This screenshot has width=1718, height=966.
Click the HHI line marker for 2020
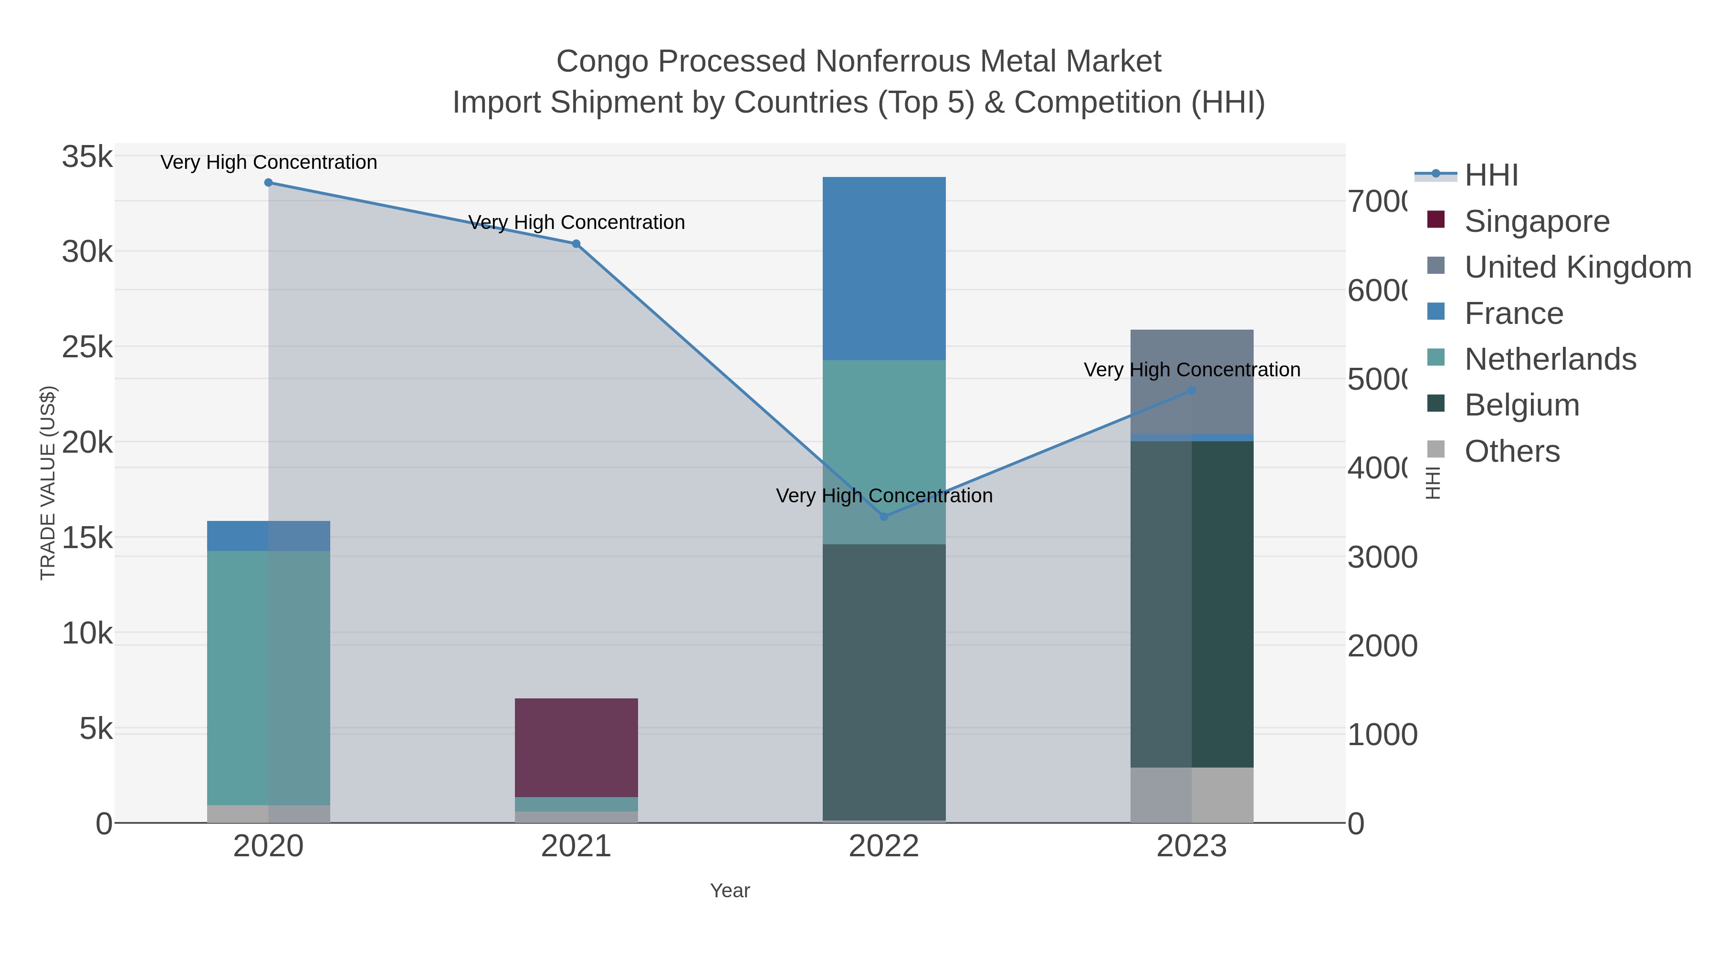pyautogui.click(x=268, y=183)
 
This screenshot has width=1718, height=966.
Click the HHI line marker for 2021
pyautogui.click(x=576, y=244)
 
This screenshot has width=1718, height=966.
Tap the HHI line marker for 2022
pyautogui.click(x=884, y=517)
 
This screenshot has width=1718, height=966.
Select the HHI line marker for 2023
pyautogui.click(x=1192, y=391)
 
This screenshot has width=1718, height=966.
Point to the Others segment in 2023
pyautogui.click(x=1192, y=795)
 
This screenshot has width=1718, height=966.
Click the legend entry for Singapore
pyautogui.click(x=1536, y=221)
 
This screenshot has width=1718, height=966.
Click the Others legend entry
pyautogui.click(x=1511, y=451)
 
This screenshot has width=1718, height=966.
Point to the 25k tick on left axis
pyautogui.click(x=87, y=347)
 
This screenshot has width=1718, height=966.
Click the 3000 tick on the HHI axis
pyautogui.click(x=1381, y=557)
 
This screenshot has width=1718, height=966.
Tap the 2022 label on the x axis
pyautogui.click(x=884, y=847)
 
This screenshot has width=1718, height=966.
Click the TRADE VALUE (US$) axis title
pyautogui.click(x=48, y=483)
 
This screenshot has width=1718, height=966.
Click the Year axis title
pyautogui.click(x=730, y=891)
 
